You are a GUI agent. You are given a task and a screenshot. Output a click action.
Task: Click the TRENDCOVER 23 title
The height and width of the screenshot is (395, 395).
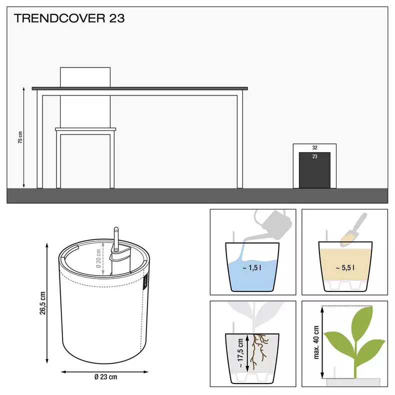tap(69, 19)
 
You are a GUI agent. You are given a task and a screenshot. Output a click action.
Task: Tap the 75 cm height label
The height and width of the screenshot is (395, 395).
tap(20, 137)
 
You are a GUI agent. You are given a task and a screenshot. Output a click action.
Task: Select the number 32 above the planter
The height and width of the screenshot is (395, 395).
tap(314, 148)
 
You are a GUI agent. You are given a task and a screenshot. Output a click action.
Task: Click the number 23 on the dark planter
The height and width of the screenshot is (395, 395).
tap(314, 156)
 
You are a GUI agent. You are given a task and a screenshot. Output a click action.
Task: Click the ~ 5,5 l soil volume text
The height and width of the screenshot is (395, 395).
tap(345, 267)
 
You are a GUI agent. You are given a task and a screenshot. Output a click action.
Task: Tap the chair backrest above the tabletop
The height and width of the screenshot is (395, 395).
tap(84, 76)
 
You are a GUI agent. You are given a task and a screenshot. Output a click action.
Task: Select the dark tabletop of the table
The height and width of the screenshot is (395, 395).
tap(140, 88)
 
